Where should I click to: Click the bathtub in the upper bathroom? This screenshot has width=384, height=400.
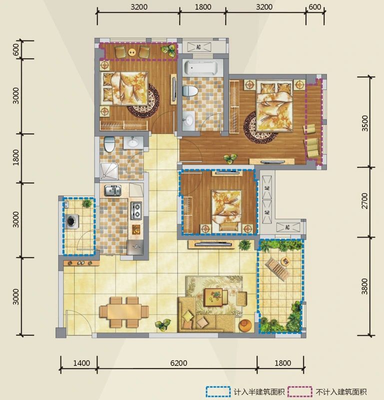201,67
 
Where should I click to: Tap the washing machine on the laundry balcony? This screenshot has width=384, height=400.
72,221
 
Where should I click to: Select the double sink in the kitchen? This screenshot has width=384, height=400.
112,190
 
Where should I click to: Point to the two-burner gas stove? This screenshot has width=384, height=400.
136,210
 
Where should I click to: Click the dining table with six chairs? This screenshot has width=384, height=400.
124,311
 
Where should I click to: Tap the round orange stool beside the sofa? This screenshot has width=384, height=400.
245,325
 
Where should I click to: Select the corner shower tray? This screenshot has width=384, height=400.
109,171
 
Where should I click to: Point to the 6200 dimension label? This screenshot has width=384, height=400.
179,363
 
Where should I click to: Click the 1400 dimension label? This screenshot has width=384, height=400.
81,363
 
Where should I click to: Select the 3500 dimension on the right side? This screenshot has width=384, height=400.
365,123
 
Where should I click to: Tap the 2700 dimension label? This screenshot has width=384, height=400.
365,201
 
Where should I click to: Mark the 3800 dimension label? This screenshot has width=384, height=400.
365,286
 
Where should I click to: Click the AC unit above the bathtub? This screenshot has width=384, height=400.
199,47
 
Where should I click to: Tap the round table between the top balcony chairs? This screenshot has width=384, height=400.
132,52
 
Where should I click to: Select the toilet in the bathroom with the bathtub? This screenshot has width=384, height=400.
190,91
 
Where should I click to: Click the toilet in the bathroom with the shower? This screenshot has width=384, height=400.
109,144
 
